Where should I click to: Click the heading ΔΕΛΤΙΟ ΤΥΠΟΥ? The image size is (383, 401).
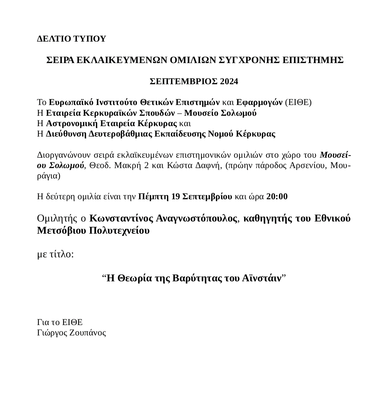[x=72, y=39]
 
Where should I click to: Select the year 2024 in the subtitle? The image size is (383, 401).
[x=229, y=81]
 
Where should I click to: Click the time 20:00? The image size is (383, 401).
[x=277, y=197]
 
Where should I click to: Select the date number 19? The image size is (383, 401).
[x=176, y=197]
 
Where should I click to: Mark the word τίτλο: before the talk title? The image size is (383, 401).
[x=63, y=255]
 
